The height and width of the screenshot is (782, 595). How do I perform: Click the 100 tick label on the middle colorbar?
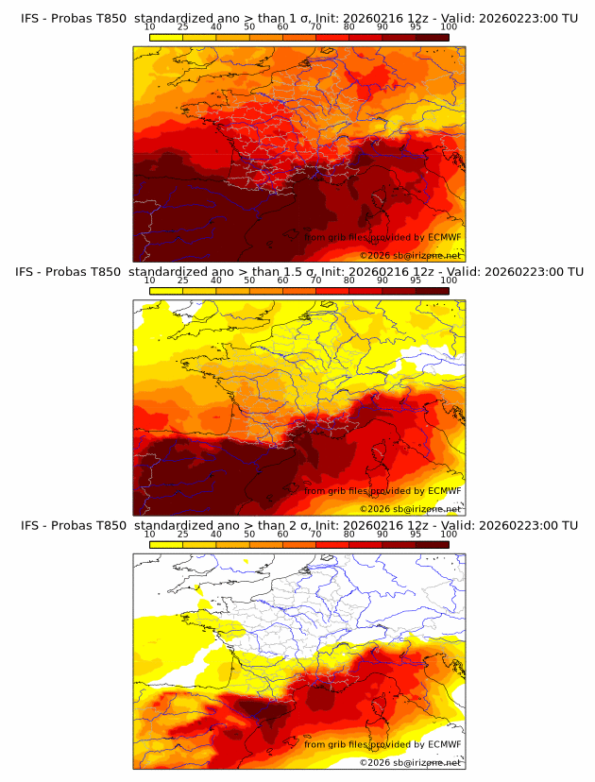(x=449, y=281)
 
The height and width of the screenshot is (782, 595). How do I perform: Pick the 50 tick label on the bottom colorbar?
(x=249, y=535)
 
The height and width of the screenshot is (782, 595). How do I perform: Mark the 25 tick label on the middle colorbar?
(x=183, y=281)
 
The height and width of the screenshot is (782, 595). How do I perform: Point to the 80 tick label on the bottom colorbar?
(x=349, y=535)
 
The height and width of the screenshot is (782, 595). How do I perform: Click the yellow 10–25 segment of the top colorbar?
(x=166, y=38)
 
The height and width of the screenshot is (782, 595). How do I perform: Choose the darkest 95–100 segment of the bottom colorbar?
(x=433, y=544)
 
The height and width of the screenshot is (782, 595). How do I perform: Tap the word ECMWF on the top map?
(x=444, y=238)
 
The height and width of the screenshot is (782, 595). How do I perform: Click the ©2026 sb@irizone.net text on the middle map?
(x=410, y=508)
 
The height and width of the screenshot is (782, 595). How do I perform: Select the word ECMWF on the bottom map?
(x=444, y=744)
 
